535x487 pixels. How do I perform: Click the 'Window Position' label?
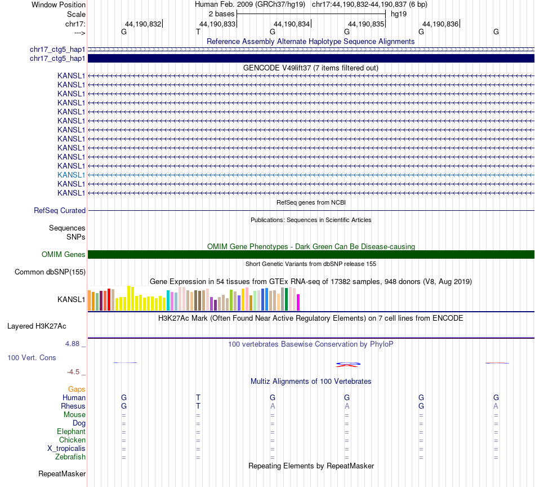(x=59, y=5)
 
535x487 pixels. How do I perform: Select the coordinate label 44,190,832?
(x=143, y=24)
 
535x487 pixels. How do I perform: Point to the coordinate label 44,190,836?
(x=440, y=24)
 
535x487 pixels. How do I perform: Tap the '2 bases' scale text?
(x=221, y=14)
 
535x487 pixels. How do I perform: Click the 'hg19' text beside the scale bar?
(x=399, y=14)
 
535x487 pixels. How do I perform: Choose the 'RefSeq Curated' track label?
(x=60, y=211)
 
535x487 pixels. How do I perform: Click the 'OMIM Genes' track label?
(x=64, y=255)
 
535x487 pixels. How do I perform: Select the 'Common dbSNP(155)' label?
(x=50, y=272)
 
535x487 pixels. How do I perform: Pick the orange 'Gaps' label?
(x=77, y=389)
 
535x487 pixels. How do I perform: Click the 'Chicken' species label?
(x=72, y=440)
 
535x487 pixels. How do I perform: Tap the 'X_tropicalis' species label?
(x=66, y=449)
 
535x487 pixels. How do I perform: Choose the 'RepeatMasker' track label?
(x=62, y=473)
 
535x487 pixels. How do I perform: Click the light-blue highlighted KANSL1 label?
(x=71, y=175)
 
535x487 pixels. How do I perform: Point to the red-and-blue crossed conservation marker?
(x=347, y=365)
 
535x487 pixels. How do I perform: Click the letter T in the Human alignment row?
(x=198, y=397)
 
